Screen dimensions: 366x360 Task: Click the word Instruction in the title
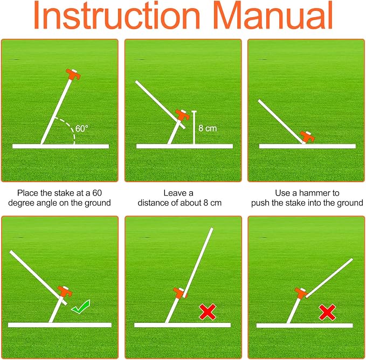(117, 15)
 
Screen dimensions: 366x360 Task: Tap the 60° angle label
(82, 129)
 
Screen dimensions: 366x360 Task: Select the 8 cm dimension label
(208, 128)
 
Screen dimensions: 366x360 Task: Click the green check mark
(80, 307)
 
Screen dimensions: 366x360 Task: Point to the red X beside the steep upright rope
(208, 312)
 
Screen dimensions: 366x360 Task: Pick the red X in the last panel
(327, 312)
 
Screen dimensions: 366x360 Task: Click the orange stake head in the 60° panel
(73, 74)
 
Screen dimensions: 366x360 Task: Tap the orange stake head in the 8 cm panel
(183, 115)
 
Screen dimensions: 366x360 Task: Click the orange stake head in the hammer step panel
(307, 136)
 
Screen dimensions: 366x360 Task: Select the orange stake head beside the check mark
(65, 291)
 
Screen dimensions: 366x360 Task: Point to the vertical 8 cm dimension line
(194, 128)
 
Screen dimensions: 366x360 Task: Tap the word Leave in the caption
(172, 193)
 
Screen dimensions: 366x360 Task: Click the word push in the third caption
(260, 203)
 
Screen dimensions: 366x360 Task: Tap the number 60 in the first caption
(97, 193)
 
